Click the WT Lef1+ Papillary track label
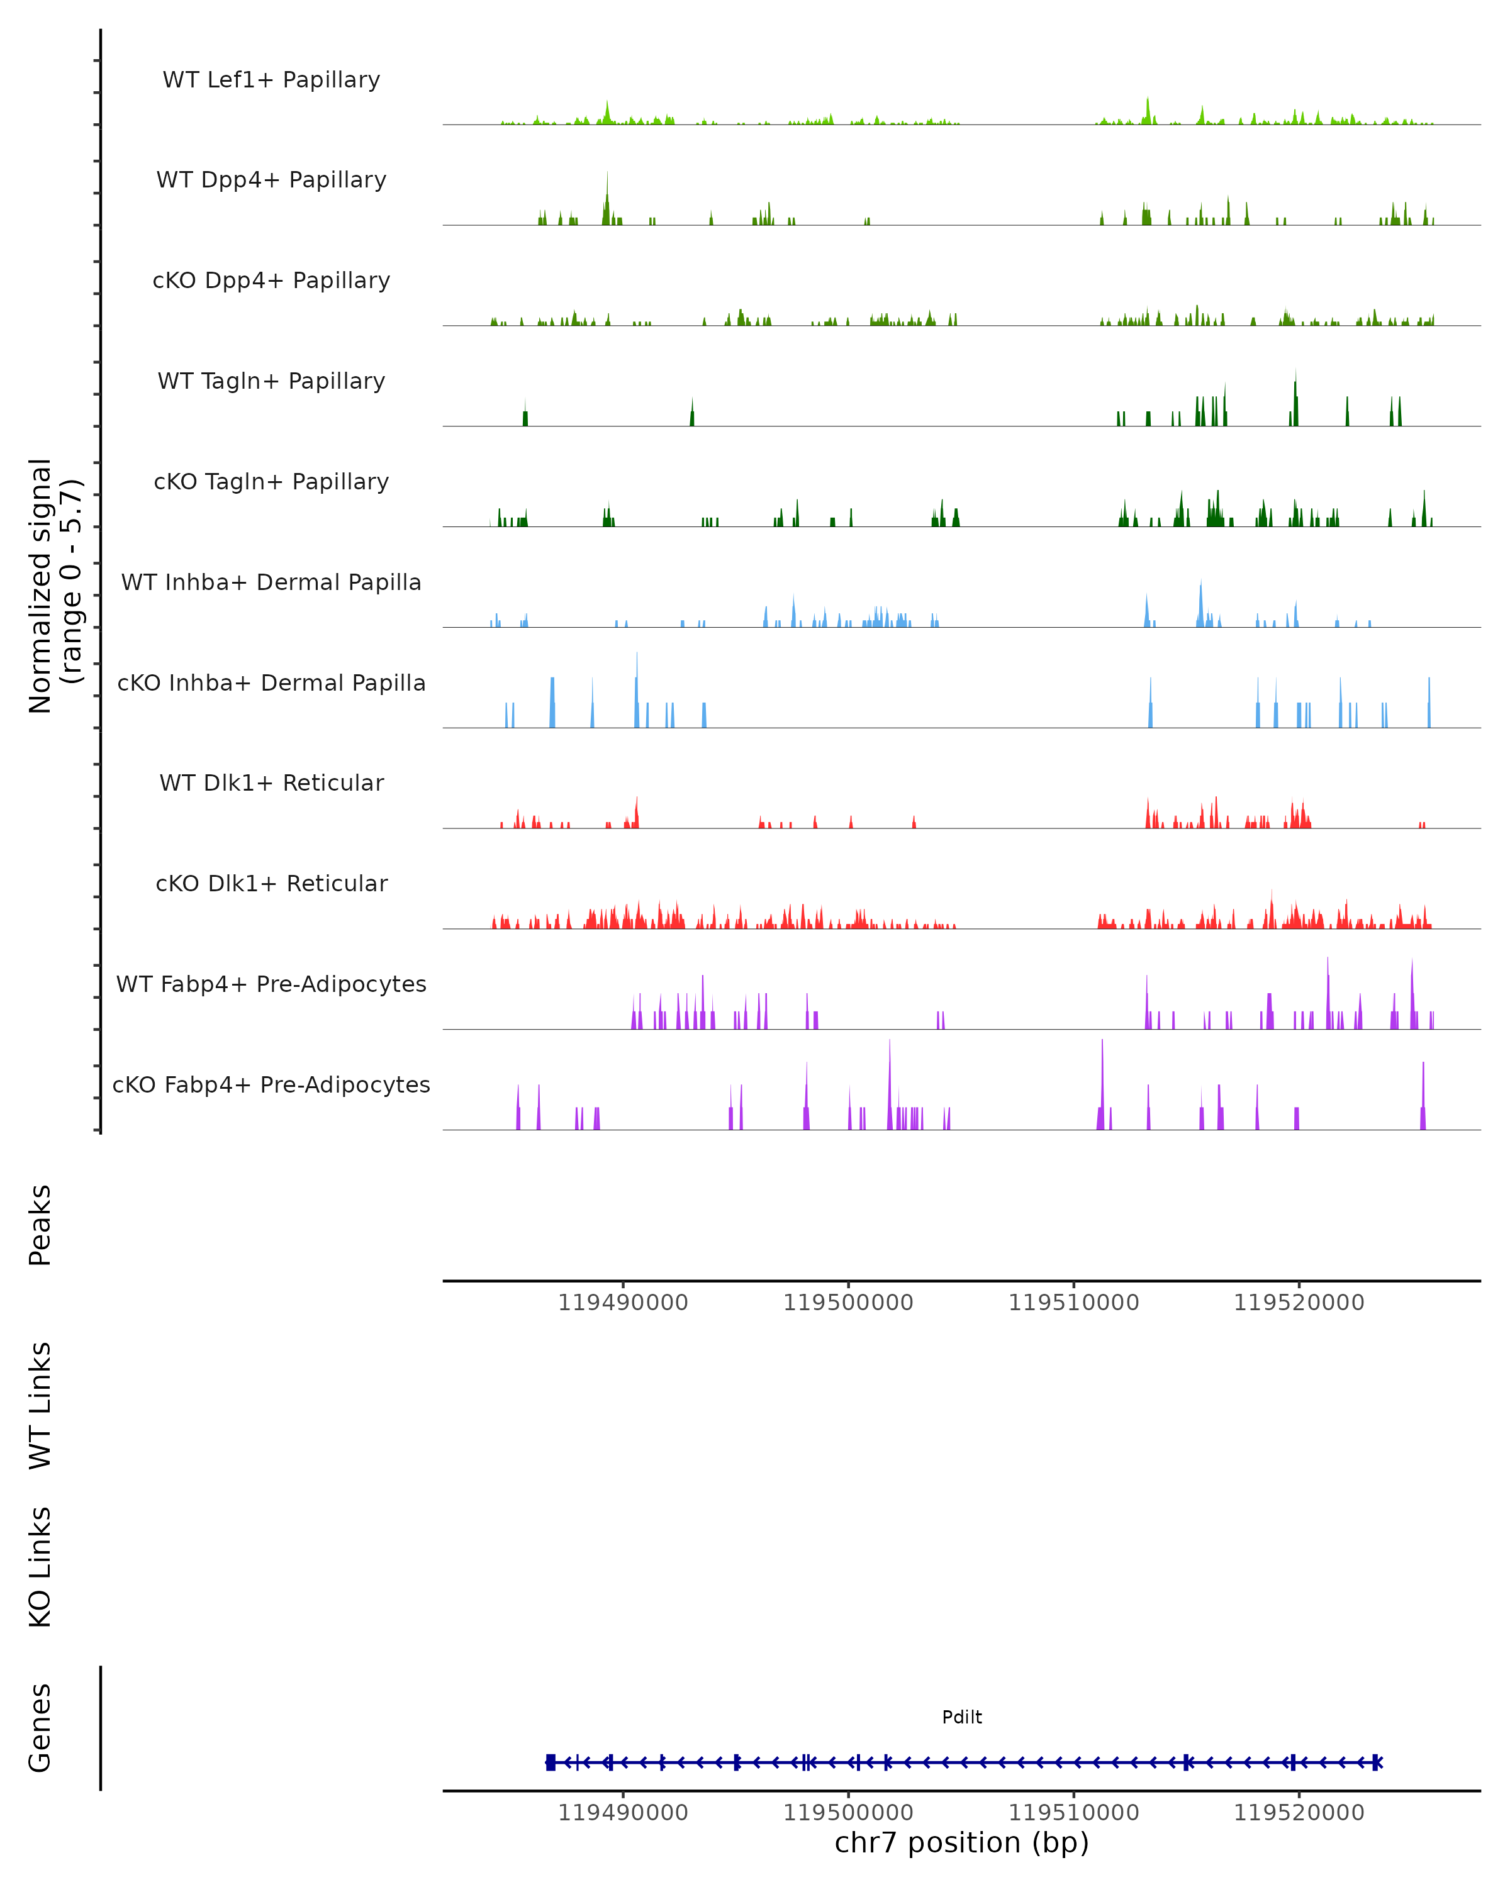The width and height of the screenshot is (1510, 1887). pyautogui.click(x=271, y=80)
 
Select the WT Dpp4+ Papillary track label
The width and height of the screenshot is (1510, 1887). pyautogui.click(x=271, y=181)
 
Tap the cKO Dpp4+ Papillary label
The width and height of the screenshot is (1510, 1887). pyautogui.click(x=271, y=281)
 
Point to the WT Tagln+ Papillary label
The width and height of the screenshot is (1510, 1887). pyautogui.click(x=271, y=382)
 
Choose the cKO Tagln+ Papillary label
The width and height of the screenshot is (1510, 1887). pyautogui.click(x=271, y=482)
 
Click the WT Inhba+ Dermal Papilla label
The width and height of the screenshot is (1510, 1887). pyautogui.click(x=271, y=583)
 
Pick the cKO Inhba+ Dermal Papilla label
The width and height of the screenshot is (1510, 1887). pyautogui.click(x=271, y=684)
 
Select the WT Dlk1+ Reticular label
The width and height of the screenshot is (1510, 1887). pyautogui.click(x=271, y=783)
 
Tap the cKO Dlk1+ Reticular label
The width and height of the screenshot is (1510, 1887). pyautogui.click(x=271, y=884)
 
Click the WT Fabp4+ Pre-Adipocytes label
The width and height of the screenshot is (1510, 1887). pyautogui.click(x=271, y=984)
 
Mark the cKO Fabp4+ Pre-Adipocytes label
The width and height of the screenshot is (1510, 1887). pyautogui.click(x=271, y=1085)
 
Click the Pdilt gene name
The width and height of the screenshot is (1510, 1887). pyautogui.click(x=962, y=1718)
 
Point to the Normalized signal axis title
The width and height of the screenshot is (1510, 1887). pyautogui.click(x=54, y=586)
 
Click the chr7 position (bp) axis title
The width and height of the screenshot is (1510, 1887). pyautogui.click(x=962, y=1843)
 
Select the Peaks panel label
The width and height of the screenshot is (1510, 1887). pyautogui.click(x=40, y=1225)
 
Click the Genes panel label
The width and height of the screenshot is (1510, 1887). pyautogui.click(x=40, y=1728)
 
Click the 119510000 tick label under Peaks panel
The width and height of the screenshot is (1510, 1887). pyautogui.click(x=1074, y=1303)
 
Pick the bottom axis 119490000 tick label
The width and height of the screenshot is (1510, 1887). pyautogui.click(x=624, y=1813)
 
